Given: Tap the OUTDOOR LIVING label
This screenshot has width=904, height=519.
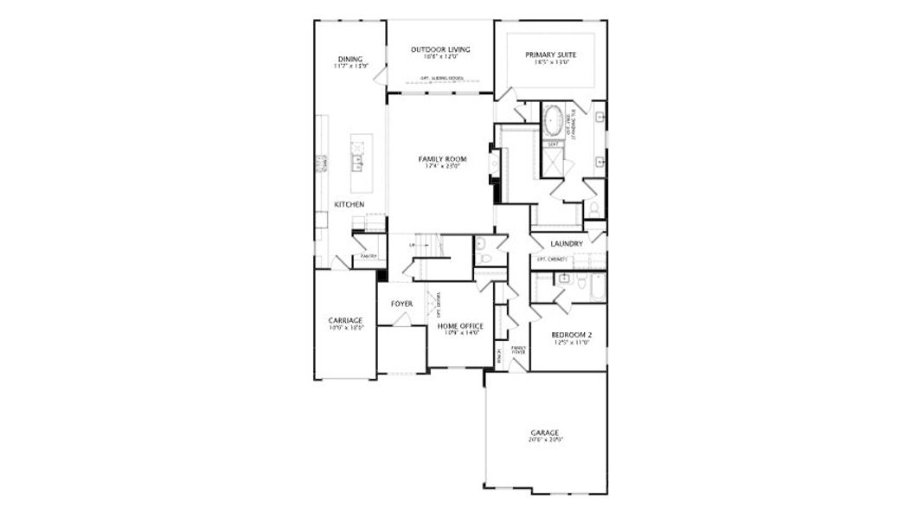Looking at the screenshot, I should tap(440, 49).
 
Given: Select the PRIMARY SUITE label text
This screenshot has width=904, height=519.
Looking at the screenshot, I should tap(551, 54).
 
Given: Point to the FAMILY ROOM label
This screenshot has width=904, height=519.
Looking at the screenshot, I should tap(442, 159).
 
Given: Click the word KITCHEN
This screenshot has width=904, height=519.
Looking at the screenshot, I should tap(349, 204).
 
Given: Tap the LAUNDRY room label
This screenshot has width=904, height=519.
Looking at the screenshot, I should tap(567, 244).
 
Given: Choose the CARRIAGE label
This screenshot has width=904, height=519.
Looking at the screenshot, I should tap(345, 320).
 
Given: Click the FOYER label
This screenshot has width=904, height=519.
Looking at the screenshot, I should tap(401, 304).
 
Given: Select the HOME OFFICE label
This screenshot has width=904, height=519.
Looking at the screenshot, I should tap(459, 325).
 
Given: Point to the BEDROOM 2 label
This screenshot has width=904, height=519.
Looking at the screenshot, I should tap(571, 334).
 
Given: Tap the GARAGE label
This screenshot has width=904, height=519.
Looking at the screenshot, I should tap(545, 432).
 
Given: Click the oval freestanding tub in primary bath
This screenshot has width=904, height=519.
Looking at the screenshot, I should tap(553, 120).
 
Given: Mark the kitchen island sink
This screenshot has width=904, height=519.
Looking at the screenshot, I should tap(356, 159).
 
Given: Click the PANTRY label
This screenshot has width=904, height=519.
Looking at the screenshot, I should tap(369, 256).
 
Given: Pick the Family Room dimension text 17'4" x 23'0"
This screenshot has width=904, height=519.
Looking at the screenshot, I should tap(442, 167).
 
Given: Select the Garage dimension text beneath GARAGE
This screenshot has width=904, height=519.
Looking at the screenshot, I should tap(545, 440).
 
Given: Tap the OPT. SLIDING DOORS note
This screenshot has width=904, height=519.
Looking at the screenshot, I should tap(440, 79).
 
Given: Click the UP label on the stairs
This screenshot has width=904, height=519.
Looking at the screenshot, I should tap(412, 246).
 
